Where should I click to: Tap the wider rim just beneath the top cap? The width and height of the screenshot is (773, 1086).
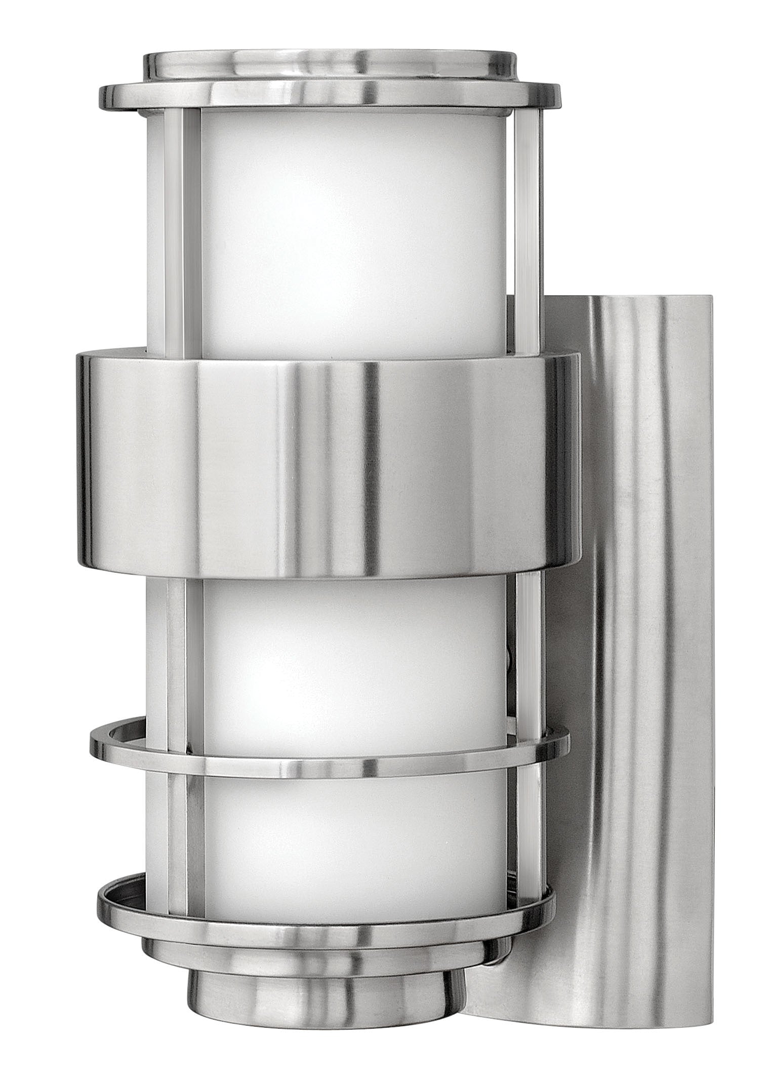click(x=329, y=96)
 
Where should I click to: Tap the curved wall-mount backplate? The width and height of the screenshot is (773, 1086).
click(x=643, y=608)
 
